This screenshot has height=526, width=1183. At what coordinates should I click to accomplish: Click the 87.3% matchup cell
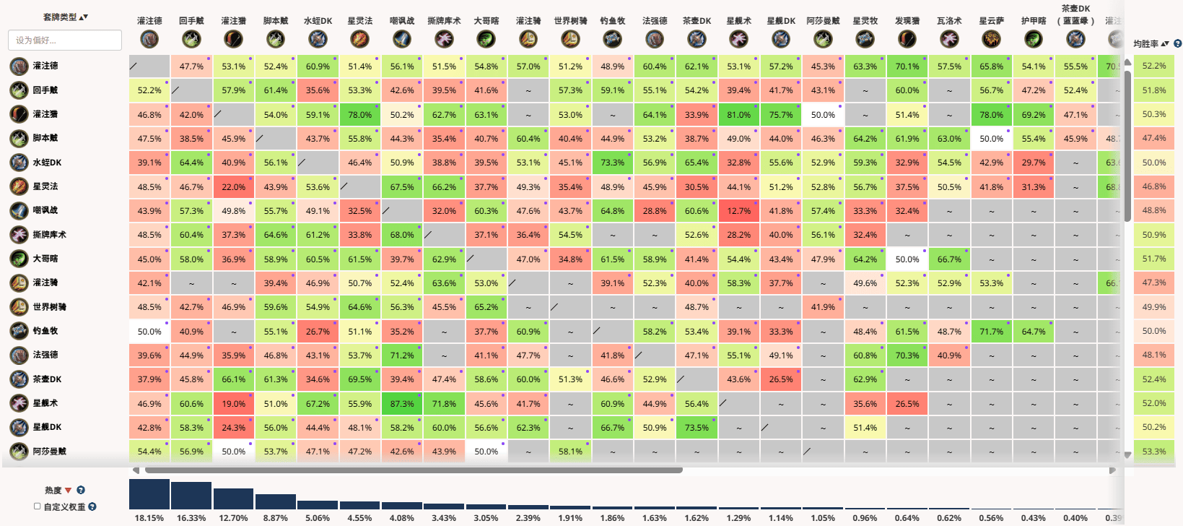click(x=402, y=404)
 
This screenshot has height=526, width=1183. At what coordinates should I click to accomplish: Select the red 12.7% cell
click(x=738, y=211)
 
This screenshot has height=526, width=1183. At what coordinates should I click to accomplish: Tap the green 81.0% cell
click(x=738, y=115)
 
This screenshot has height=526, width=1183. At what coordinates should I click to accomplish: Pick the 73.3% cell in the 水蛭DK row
click(x=612, y=163)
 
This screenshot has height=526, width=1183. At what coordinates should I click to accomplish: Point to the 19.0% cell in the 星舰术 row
click(x=233, y=404)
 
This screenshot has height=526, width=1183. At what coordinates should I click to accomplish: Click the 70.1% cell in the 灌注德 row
click(x=907, y=66)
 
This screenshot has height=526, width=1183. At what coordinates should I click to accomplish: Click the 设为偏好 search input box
click(x=65, y=40)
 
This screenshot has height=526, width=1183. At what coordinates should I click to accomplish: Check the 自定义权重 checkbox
click(x=38, y=506)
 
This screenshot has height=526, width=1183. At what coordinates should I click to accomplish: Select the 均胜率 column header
click(x=1145, y=44)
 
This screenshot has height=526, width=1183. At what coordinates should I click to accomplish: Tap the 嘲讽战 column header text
click(x=402, y=21)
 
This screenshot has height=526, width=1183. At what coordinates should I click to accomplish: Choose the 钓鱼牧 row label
click(x=45, y=331)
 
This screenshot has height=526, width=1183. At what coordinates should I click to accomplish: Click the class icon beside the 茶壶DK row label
click(x=19, y=379)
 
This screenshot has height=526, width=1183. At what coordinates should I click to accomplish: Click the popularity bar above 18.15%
click(x=149, y=495)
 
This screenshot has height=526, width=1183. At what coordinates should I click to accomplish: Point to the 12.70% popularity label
click(x=233, y=518)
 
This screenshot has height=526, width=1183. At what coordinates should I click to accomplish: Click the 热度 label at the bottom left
click(x=53, y=491)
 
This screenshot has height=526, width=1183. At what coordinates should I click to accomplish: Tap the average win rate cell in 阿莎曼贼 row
click(x=1153, y=452)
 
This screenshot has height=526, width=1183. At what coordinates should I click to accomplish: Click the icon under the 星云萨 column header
click(x=991, y=39)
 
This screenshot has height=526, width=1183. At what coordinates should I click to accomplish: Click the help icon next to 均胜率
click(x=1178, y=44)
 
